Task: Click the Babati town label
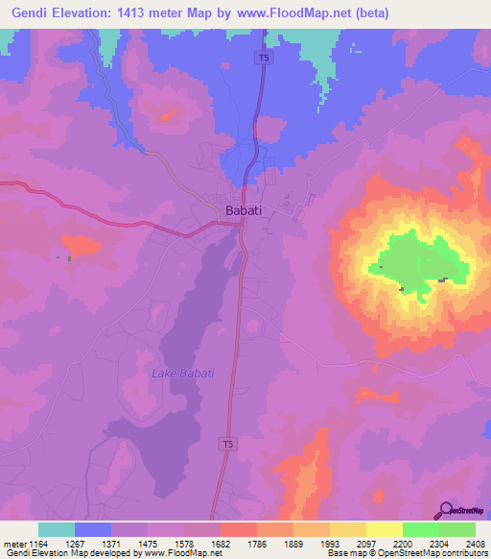click(x=243, y=210)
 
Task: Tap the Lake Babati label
click(x=182, y=373)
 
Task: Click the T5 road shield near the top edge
click(x=263, y=59)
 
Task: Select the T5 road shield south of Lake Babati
click(x=227, y=444)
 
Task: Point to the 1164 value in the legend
click(x=38, y=544)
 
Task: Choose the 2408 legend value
click(x=470, y=544)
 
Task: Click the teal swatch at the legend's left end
click(x=57, y=529)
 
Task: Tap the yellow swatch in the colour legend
click(x=385, y=529)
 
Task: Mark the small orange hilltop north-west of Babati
click(x=169, y=116)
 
